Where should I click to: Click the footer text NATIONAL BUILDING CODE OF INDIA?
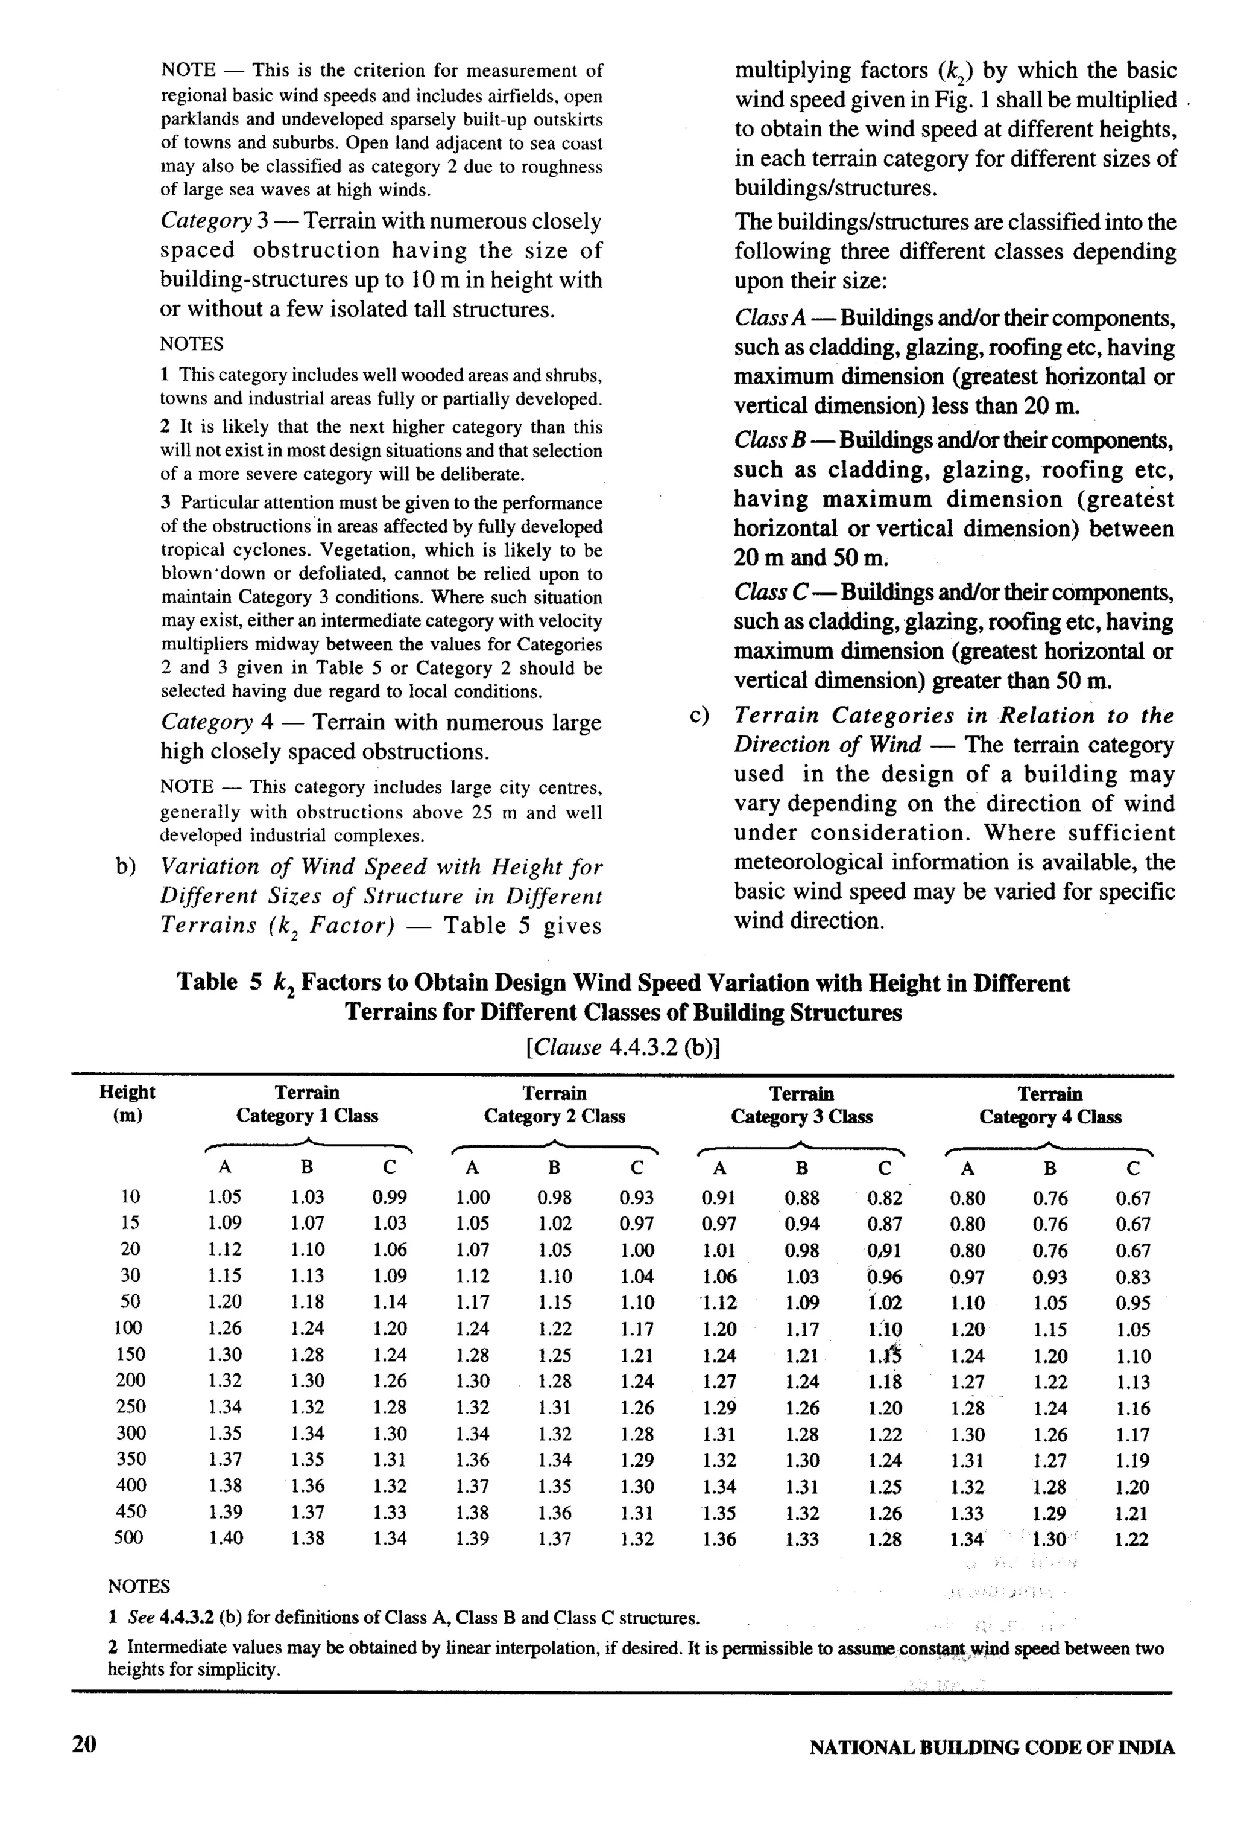click(x=991, y=1748)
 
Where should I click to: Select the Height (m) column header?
click(x=127, y=1104)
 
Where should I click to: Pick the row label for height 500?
click(x=129, y=1537)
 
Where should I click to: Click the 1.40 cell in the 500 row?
click(x=226, y=1537)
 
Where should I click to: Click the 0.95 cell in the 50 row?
click(x=1132, y=1303)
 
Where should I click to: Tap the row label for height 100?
click(x=129, y=1328)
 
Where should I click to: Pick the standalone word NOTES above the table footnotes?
click(x=139, y=1586)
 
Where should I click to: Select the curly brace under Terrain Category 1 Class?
click(x=308, y=1146)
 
